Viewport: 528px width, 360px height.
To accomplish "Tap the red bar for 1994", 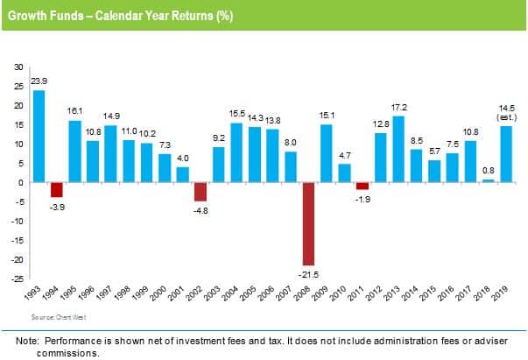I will pos(57,189).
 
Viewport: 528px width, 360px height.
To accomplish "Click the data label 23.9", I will pos(39,81).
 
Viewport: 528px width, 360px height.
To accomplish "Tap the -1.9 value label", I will pos(363,198).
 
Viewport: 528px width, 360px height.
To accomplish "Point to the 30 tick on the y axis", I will pos(18,67).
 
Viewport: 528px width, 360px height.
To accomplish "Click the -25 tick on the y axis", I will pos(18,279).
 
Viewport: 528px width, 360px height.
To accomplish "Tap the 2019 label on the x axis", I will pos(503,295).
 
